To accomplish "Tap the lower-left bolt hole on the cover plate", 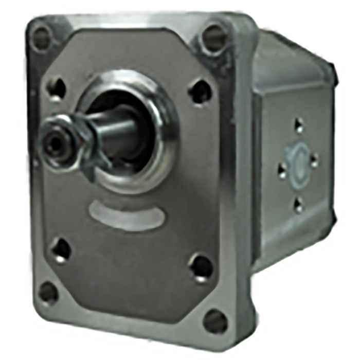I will [61, 250].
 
